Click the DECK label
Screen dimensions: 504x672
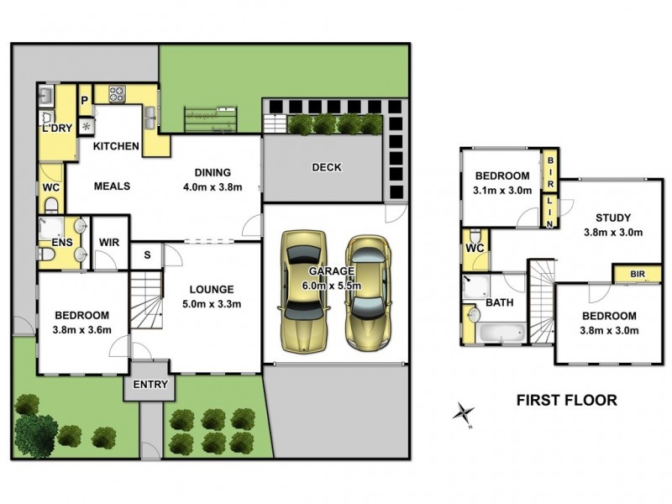point(327,167)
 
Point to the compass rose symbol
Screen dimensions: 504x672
point(463,412)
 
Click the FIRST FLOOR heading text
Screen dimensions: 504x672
point(565,401)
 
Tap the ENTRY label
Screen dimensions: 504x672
point(151,386)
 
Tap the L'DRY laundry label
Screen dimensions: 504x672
point(56,128)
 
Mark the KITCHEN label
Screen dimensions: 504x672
point(116,146)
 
